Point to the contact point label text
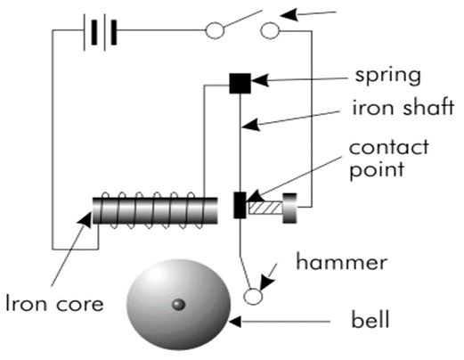[x=388, y=156]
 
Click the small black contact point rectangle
[x=239, y=204]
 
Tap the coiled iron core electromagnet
[x=156, y=210]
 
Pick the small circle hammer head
[x=252, y=297]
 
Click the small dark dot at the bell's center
[x=178, y=305]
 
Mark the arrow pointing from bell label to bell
[x=276, y=318]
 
